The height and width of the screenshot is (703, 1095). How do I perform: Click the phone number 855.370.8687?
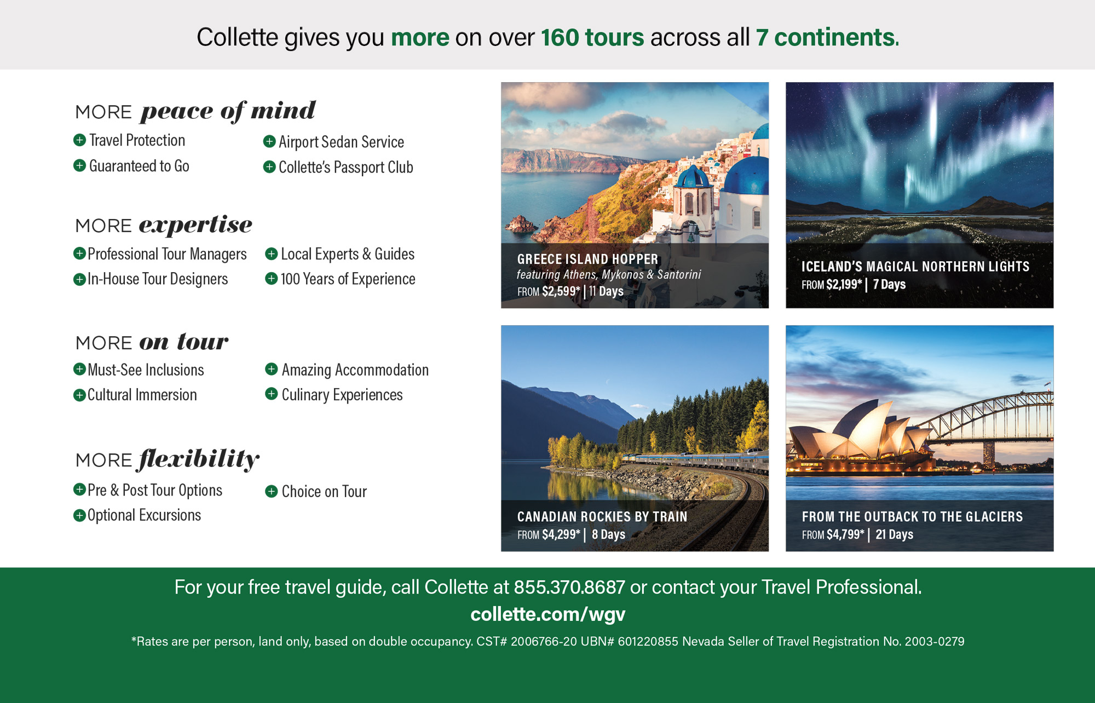pos(569,587)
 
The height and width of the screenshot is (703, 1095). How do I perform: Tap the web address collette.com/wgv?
pos(547,614)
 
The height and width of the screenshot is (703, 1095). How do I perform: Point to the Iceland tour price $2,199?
pos(844,285)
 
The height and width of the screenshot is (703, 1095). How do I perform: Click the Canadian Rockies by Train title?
pos(602,516)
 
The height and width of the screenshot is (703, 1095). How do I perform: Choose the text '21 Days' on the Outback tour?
pos(894,534)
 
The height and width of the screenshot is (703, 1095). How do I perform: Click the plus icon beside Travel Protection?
pos(79,140)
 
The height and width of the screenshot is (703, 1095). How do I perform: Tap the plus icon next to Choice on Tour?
pos(271,491)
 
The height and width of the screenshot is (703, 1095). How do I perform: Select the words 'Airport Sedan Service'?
pos(341,142)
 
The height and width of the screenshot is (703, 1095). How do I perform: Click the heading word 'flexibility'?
pos(198,459)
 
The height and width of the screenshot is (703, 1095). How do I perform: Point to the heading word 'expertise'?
pos(195,225)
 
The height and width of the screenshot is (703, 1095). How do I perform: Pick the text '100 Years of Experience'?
pos(348,279)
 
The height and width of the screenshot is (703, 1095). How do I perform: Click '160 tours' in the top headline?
pos(592,37)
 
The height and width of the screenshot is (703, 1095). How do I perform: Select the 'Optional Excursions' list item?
pos(144,516)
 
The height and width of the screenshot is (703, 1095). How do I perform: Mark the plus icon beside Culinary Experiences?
pos(271,394)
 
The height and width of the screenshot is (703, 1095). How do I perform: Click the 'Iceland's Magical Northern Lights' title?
pos(915,267)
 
